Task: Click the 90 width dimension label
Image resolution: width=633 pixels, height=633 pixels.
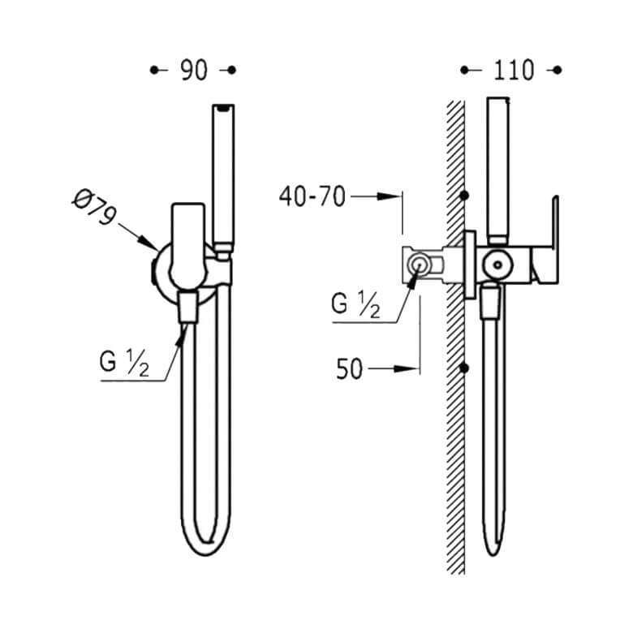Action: pyautogui.click(x=194, y=71)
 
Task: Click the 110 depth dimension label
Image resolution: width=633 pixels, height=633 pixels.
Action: pyautogui.click(x=514, y=71)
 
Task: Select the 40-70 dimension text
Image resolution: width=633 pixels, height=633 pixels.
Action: pyautogui.click(x=312, y=196)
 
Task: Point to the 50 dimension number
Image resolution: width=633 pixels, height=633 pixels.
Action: pyautogui.click(x=349, y=369)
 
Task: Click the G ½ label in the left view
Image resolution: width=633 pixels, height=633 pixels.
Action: pyautogui.click(x=124, y=362)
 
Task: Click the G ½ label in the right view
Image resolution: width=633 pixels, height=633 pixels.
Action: pyautogui.click(x=355, y=304)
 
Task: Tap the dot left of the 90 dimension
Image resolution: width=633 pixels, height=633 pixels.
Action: pyautogui.click(x=154, y=71)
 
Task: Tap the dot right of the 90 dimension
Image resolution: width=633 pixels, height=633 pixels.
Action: pyautogui.click(x=232, y=71)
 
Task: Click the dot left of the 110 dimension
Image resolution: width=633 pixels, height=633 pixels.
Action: pyautogui.click(x=464, y=71)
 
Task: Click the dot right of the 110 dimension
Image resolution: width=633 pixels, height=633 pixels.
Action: pyautogui.click(x=558, y=71)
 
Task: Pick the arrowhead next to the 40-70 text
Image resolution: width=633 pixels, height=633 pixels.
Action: pyautogui.click(x=389, y=196)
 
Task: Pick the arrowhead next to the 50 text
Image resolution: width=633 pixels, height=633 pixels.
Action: pyautogui.click(x=406, y=368)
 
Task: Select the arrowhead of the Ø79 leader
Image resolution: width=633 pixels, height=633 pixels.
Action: pyautogui.click(x=149, y=242)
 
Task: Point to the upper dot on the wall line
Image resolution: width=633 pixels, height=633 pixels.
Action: pyautogui.click(x=464, y=196)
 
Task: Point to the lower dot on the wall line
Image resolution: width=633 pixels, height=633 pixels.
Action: pyautogui.click(x=464, y=368)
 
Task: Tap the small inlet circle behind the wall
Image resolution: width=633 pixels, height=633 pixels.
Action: pyautogui.click(x=418, y=265)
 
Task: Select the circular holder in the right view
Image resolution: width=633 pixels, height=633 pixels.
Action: pyautogui.click(x=498, y=265)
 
